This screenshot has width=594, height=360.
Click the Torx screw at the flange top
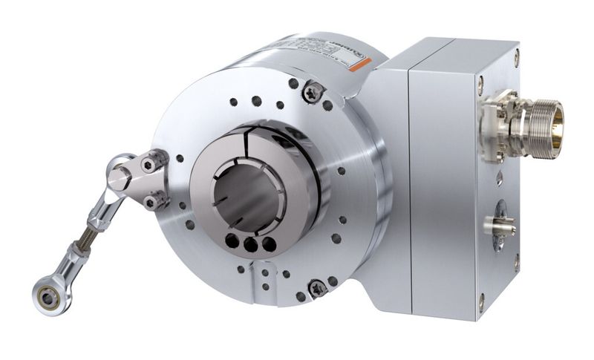click(312, 92)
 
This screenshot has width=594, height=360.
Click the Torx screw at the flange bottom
click(318, 285)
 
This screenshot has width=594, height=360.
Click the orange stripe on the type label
click(359, 65)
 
